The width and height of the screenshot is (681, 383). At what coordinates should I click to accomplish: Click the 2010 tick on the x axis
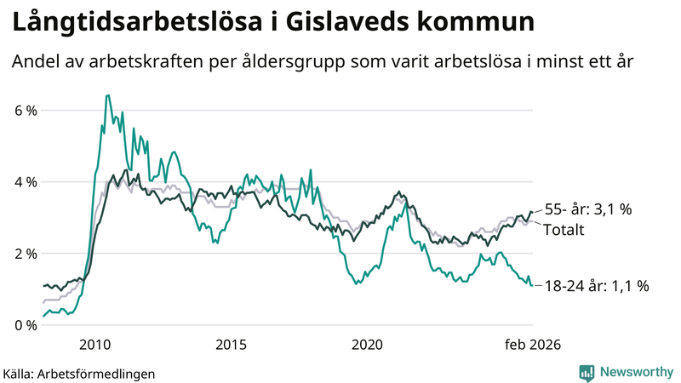click(x=94, y=345)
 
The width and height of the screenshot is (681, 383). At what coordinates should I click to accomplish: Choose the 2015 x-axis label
click(x=231, y=345)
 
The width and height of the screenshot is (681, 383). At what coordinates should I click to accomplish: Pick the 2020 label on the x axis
click(x=367, y=345)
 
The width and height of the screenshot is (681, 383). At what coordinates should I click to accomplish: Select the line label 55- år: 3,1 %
click(x=587, y=209)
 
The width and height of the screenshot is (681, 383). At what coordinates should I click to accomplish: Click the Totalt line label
click(x=564, y=229)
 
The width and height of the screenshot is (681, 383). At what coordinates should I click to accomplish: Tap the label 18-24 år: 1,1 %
click(x=596, y=286)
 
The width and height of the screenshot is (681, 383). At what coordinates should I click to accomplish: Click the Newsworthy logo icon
click(x=587, y=372)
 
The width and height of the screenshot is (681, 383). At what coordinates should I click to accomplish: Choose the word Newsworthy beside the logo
click(x=635, y=372)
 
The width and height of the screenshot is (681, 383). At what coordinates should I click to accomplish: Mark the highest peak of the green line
click(x=107, y=95)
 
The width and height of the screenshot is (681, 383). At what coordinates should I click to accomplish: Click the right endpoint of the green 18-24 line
click(x=532, y=285)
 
